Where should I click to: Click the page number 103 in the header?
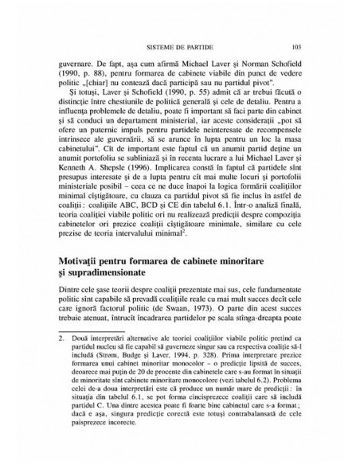[x=295, y=46]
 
